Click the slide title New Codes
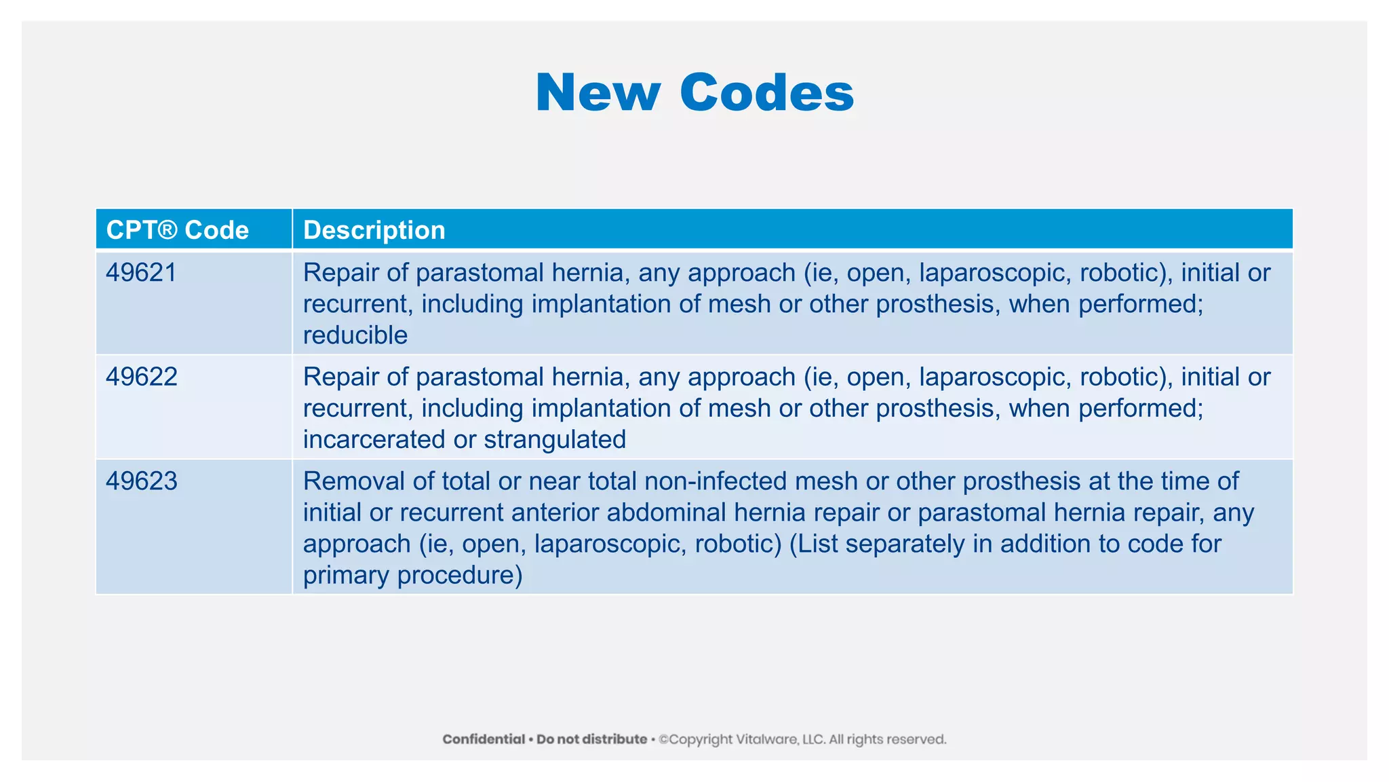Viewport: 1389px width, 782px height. point(694,92)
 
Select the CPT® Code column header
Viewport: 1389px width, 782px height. point(178,230)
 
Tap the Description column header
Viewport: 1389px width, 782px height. point(374,230)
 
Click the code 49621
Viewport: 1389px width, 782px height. point(141,273)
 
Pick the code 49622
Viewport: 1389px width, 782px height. point(141,377)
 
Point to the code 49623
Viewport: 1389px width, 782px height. point(141,481)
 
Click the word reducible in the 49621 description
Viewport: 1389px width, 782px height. point(355,335)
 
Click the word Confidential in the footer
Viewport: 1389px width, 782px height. point(484,739)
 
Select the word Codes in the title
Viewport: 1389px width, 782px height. point(766,92)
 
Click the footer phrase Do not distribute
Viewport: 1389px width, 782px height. point(591,739)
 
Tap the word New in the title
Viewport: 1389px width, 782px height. point(598,92)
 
